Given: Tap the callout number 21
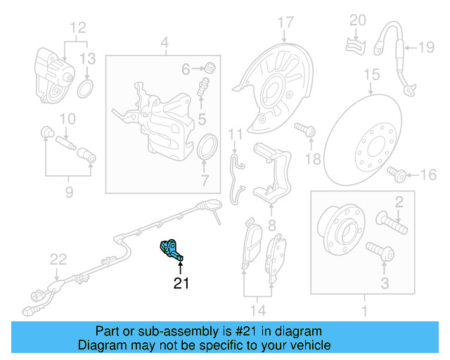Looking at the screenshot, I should [x=181, y=283].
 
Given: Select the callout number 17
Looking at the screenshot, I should [x=285, y=22].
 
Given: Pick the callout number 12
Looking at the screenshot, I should [x=77, y=28].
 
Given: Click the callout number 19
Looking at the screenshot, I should [x=427, y=48].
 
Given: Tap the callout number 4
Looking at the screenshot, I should [x=164, y=46].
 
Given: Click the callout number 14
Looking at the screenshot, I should [x=257, y=310].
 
